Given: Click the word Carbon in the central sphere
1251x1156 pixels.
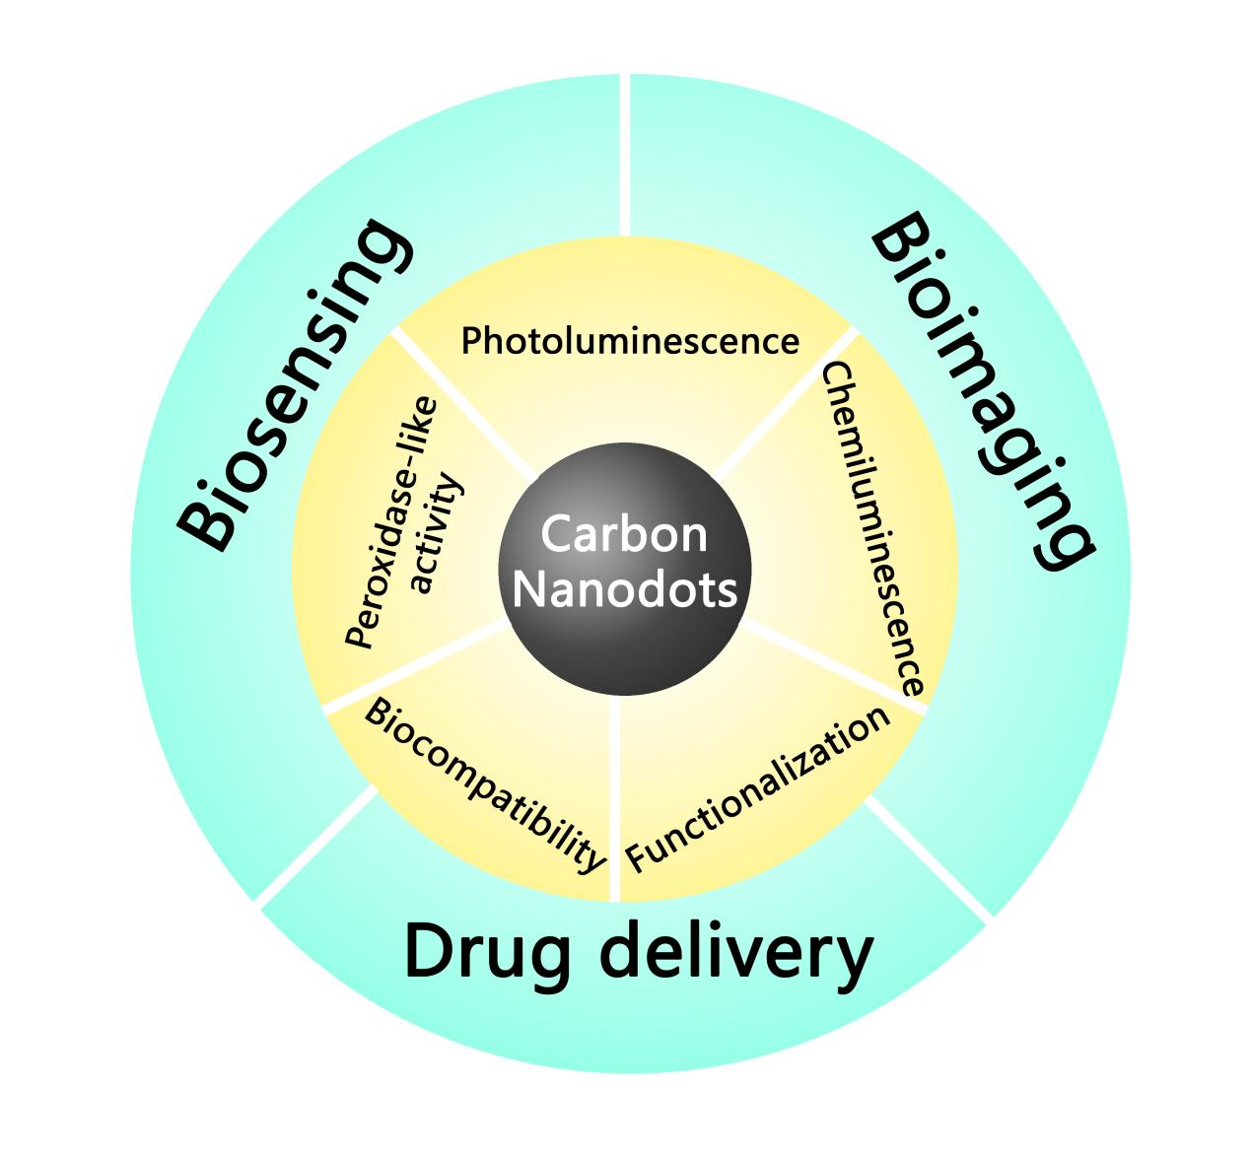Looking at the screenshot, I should point(624,535).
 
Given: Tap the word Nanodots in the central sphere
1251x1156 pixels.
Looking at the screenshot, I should point(625,590).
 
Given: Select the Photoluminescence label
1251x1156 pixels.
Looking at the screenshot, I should point(630,341).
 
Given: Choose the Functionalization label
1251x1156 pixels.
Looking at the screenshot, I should point(758,789).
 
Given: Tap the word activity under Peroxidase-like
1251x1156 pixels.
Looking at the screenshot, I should point(435,535).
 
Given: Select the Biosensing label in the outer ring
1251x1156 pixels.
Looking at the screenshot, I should point(290,385).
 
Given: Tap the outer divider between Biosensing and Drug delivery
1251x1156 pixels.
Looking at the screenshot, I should point(316,847).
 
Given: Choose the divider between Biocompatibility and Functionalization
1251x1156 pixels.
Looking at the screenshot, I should point(615,798).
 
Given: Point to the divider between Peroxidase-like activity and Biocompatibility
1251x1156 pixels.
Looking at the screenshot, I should point(414,666).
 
